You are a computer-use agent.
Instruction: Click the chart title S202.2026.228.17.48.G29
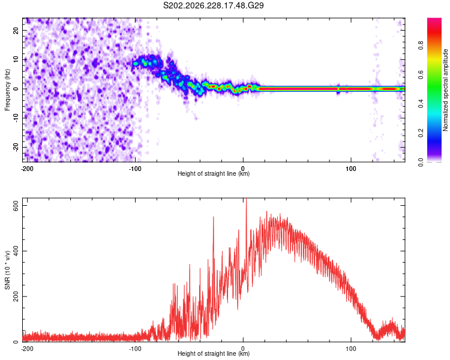coord(213,5)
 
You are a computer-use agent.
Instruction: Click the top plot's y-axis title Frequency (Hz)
coord(7,90)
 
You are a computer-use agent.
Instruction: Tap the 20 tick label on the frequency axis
coord(16,31)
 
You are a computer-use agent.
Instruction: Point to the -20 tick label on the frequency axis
coord(16,147)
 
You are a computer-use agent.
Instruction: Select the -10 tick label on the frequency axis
coord(16,118)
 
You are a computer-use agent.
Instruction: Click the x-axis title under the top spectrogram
coord(214,173)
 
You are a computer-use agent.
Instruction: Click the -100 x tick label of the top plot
coord(135,169)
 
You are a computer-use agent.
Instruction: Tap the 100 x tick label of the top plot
coord(351,169)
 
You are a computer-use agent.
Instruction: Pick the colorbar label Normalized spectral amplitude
coord(445,90)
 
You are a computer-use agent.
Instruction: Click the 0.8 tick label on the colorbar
coord(421,46)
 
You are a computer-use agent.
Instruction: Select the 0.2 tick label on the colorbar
coord(421,133)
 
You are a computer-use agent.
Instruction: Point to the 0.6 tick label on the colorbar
coord(421,74)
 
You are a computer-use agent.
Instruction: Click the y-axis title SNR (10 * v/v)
coord(7,270)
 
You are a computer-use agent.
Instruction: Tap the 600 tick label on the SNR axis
coord(16,206)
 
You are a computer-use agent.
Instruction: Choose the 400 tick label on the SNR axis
coord(16,251)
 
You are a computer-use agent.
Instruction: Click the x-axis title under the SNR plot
coord(214,353)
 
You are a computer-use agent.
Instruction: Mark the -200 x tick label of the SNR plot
coord(27,349)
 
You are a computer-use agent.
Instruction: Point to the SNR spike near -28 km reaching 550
coord(213,218)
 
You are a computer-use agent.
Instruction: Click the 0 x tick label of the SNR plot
coord(243,349)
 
